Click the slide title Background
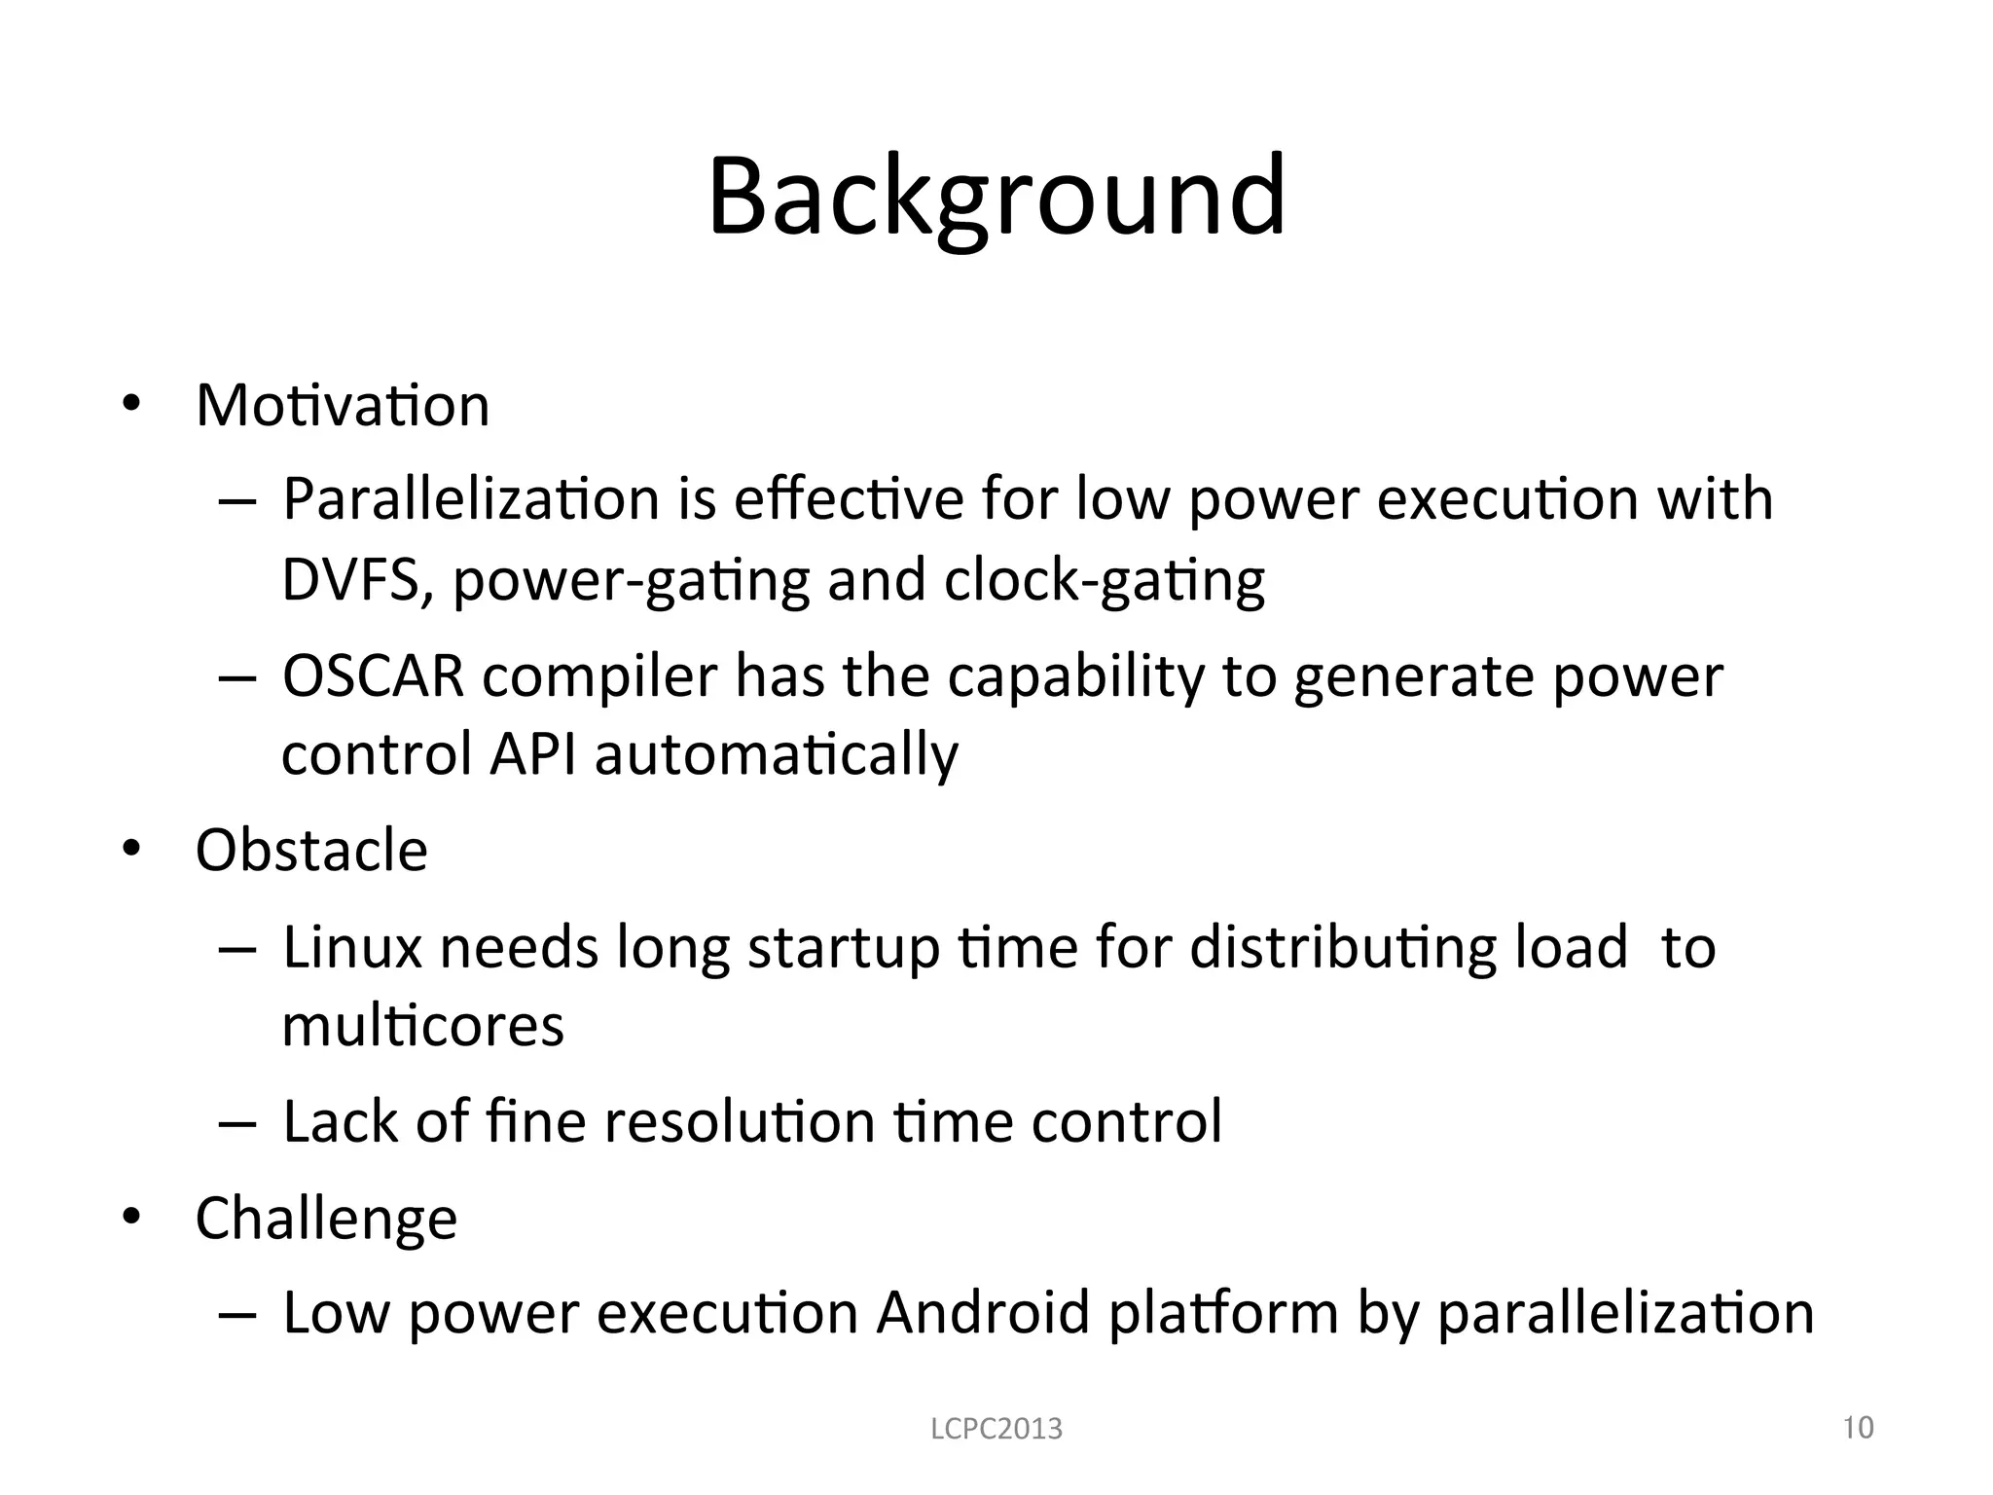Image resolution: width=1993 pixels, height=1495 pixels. pos(996,197)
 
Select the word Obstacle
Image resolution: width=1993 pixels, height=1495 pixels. pos(311,850)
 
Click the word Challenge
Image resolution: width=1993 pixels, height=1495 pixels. pos(326,1219)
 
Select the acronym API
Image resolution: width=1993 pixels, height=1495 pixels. pos(532,753)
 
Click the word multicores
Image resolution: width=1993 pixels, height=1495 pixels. pos(422,1026)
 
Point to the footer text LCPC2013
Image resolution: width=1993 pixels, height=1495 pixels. pos(996,1429)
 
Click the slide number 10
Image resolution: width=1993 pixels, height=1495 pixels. pos(1859,1427)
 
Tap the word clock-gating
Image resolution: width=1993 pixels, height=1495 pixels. pos(1105,582)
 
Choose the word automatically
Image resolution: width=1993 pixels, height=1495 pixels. pos(777,755)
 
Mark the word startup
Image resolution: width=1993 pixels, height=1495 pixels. pos(844,950)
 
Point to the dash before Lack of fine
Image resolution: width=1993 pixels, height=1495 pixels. pos(236,1123)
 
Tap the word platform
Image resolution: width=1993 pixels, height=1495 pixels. pos(1223,1314)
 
